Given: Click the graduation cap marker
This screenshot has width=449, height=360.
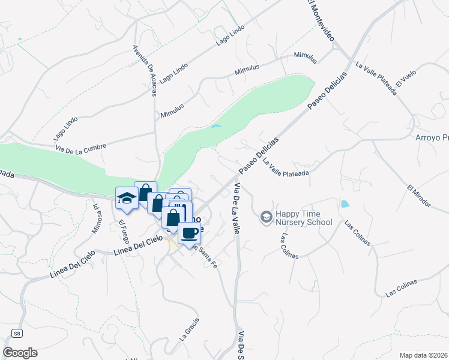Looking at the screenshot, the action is (x=127, y=198).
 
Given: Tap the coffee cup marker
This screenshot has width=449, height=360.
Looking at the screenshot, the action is (x=189, y=233).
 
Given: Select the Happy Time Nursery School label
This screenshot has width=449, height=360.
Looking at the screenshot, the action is (x=303, y=218).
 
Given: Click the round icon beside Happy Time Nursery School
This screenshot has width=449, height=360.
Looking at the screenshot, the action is (x=265, y=216).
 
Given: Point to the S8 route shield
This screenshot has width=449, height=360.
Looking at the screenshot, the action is (x=17, y=332).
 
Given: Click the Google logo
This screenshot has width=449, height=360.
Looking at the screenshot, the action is (x=20, y=353).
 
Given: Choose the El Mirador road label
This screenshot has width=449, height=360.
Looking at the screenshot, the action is (x=418, y=196).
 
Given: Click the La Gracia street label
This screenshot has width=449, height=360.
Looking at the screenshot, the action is (x=188, y=329).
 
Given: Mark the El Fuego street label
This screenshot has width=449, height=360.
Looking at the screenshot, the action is (x=124, y=232).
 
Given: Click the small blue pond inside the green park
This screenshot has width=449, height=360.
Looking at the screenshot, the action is (x=216, y=127).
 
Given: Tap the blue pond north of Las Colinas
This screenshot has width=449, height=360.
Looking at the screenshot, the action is (x=345, y=204).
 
